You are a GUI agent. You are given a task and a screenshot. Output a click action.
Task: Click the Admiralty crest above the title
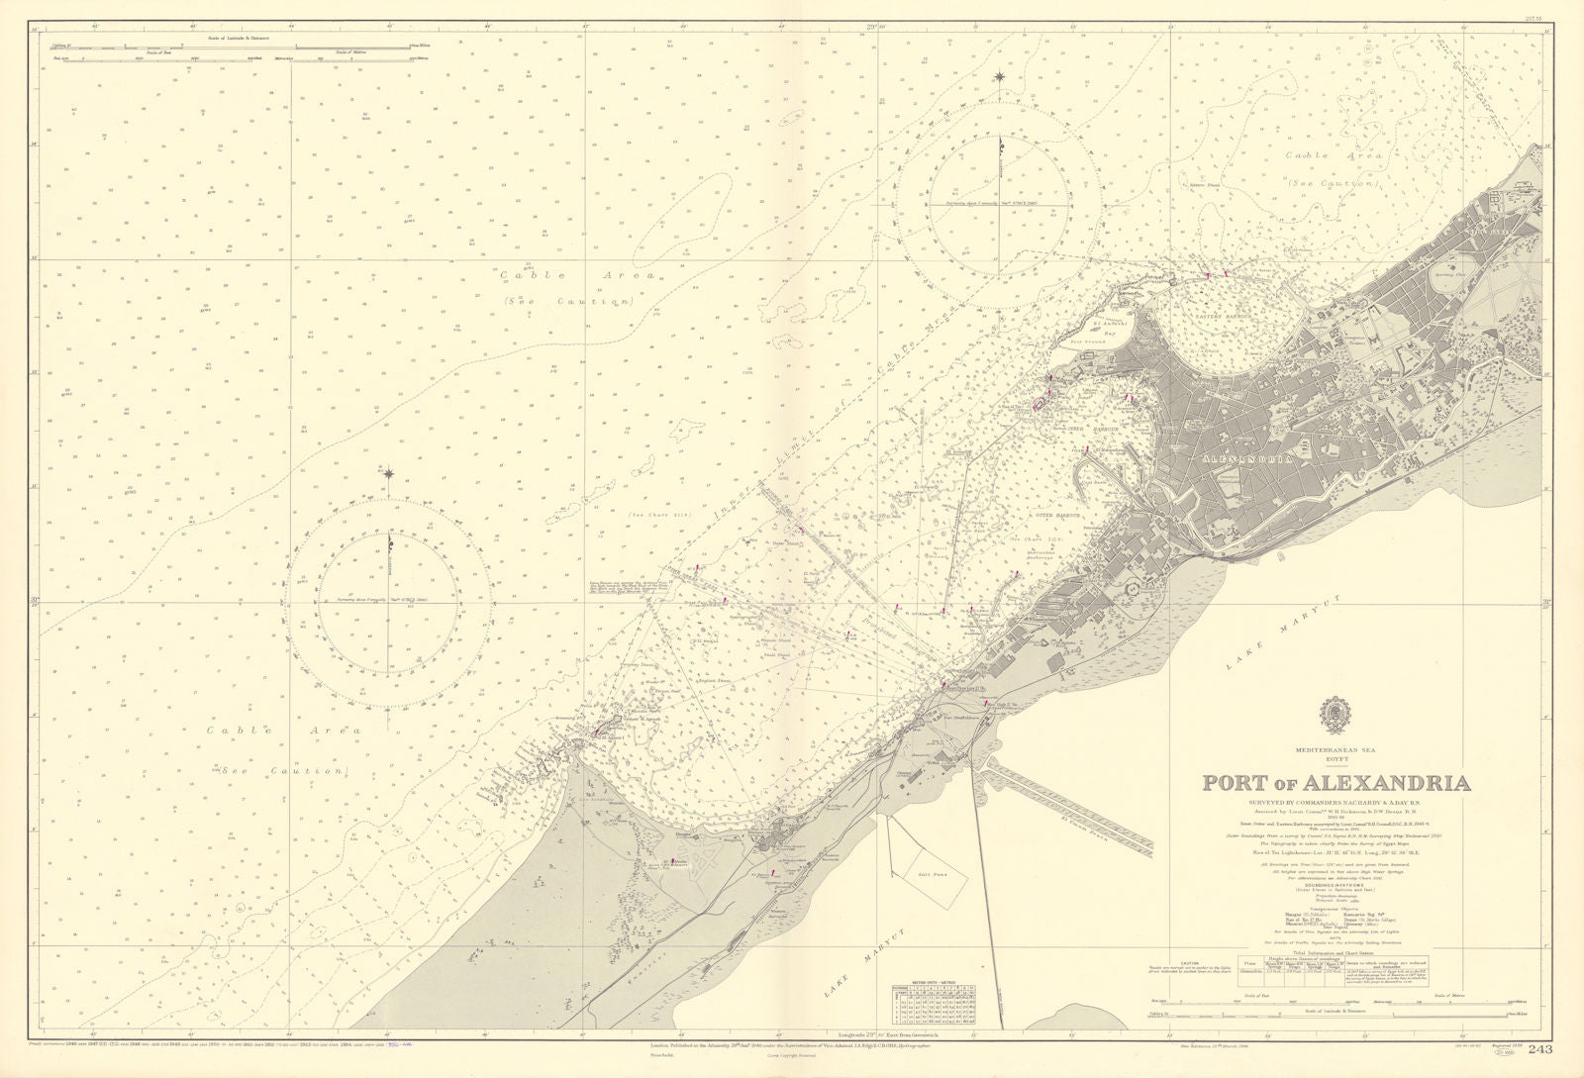coord(1335,712)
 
